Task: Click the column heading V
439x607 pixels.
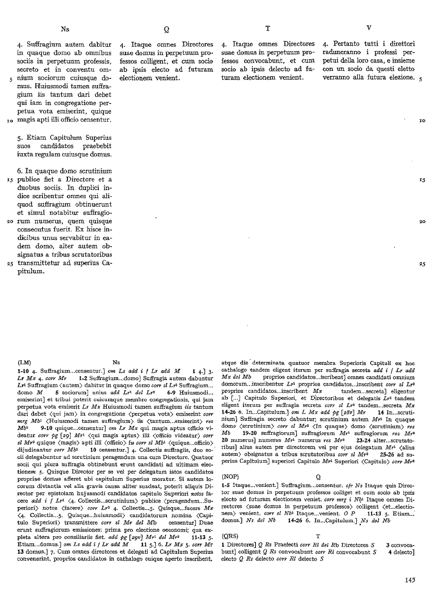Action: click(x=369, y=28)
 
